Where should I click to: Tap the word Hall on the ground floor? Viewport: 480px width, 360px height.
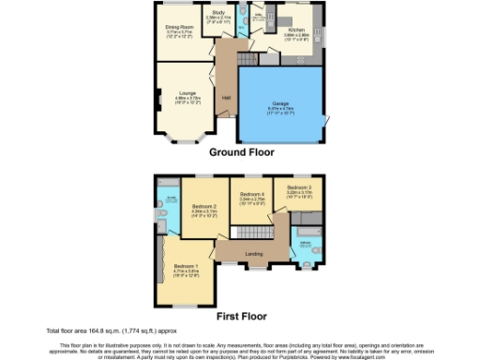click(x=226, y=97)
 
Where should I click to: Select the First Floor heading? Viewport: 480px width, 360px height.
click(x=240, y=315)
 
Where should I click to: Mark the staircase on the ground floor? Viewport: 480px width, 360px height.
click(x=247, y=58)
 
